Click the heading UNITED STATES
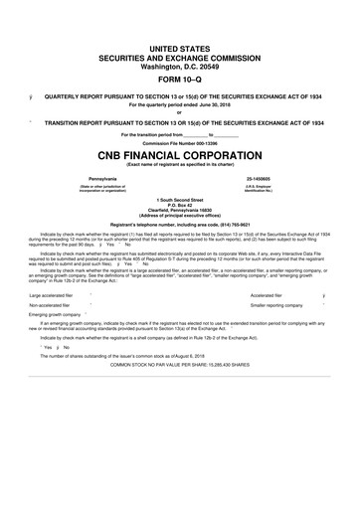180,48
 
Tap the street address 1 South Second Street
180,199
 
